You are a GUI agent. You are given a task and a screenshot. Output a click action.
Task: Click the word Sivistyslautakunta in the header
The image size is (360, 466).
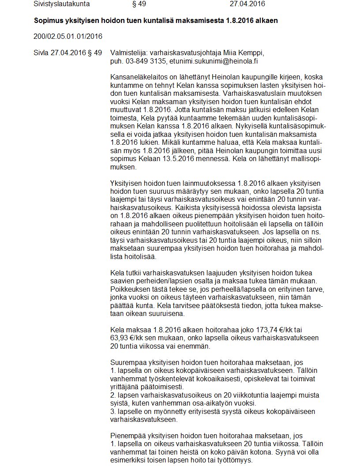pyautogui.click(x=61, y=4)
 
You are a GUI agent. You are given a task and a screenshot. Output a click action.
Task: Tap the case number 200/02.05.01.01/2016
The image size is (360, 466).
pyautogui.click(x=67, y=36)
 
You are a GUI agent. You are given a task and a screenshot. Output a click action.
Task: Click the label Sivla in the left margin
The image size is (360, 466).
pyautogui.click(x=41, y=53)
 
